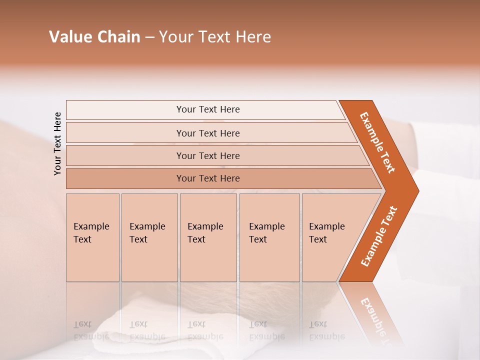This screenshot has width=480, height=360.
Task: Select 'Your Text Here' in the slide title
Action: (215, 37)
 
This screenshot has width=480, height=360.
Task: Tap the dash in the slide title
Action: (149, 37)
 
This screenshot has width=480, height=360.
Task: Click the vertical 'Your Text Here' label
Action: (57, 143)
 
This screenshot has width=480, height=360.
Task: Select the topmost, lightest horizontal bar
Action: (208, 109)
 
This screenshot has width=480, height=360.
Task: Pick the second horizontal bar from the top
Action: (208, 133)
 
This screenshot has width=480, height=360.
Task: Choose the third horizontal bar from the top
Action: (208, 155)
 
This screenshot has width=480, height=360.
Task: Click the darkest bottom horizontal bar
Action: (208, 178)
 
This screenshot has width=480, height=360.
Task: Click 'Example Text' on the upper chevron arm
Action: (377, 142)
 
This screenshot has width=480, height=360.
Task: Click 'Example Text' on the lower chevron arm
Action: (379, 236)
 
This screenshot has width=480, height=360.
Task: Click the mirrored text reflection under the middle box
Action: (205, 330)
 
